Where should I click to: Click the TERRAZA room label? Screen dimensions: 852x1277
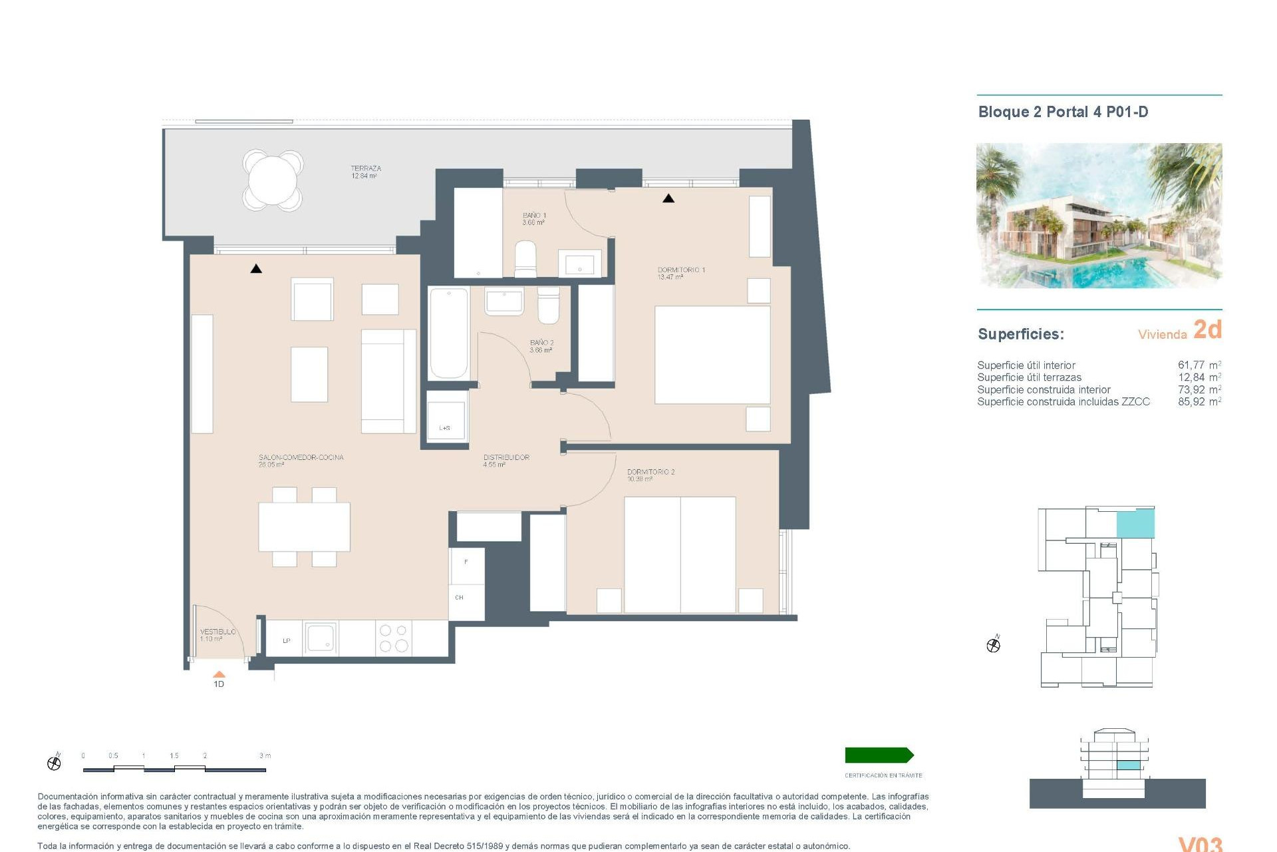point(365,172)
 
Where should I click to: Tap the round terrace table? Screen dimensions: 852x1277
point(273,180)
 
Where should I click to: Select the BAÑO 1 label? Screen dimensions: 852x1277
point(534,218)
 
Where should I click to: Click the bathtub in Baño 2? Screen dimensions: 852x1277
point(448,333)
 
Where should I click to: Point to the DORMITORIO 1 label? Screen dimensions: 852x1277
point(680,273)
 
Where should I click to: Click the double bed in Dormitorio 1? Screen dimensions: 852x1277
point(712,355)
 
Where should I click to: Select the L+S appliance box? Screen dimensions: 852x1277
point(446,416)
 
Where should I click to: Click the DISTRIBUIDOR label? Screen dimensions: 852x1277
point(505,461)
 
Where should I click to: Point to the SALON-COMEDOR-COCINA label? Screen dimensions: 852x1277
point(301,461)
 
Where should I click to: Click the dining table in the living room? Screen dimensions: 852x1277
point(304,527)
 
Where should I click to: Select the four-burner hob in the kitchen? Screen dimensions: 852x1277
point(394,638)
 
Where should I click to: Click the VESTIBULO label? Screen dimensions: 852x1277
point(217,635)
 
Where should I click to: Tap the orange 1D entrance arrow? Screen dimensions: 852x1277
point(219,675)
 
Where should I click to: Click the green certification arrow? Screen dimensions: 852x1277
point(879,755)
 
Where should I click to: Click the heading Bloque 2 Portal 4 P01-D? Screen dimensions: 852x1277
point(1062,112)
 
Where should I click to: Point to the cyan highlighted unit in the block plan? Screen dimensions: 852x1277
point(1135,523)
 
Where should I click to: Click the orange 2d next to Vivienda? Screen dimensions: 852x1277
point(1207,329)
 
